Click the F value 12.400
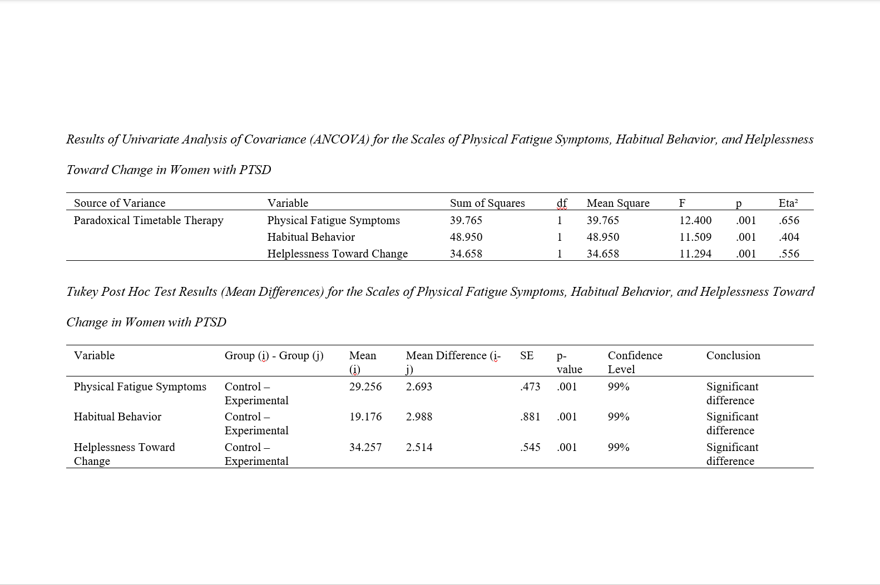point(695,220)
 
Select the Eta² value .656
point(789,220)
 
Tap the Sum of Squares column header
point(487,203)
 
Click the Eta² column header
point(788,203)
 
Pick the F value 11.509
point(695,237)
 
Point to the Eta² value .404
point(789,237)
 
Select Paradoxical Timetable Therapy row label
point(149,220)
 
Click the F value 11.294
point(695,254)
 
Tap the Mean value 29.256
point(365,386)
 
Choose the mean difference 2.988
point(419,417)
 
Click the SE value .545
point(530,447)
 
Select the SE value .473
point(530,386)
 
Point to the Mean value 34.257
point(365,447)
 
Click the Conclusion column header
point(733,355)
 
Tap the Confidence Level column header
point(635,362)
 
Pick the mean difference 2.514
point(419,447)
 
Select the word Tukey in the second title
point(82,291)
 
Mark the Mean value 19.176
point(365,417)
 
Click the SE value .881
point(530,417)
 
